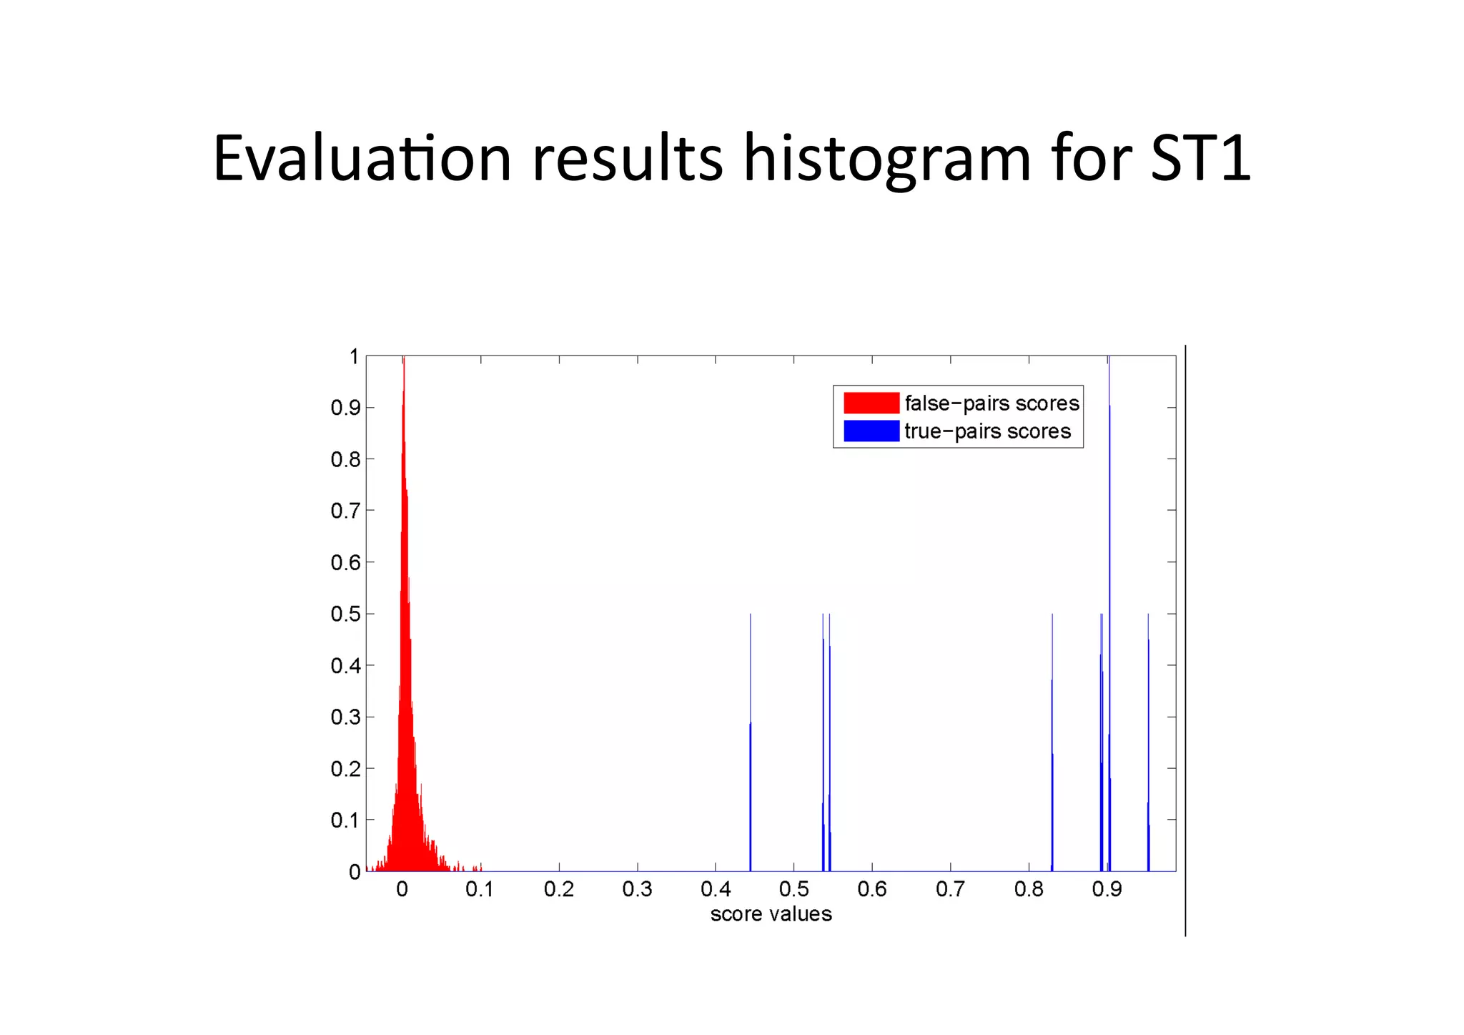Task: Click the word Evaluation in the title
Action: pyautogui.click(x=362, y=158)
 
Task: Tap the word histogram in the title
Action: pyautogui.click(x=887, y=158)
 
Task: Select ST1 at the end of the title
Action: pyautogui.click(x=1200, y=158)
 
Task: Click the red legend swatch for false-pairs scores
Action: pyautogui.click(x=871, y=403)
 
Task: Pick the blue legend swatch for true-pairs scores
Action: pyautogui.click(x=871, y=431)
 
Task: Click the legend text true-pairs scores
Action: pyautogui.click(x=987, y=431)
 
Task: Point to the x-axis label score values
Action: pyautogui.click(x=771, y=915)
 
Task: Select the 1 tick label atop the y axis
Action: pyautogui.click(x=354, y=356)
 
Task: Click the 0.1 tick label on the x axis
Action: pyautogui.click(x=480, y=890)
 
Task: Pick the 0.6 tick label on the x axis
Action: pyautogui.click(x=871, y=890)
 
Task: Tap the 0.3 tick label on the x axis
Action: pyautogui.click(x=637, y=890)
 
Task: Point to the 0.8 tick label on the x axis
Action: pyautogui.click(x=1029, y=890)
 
